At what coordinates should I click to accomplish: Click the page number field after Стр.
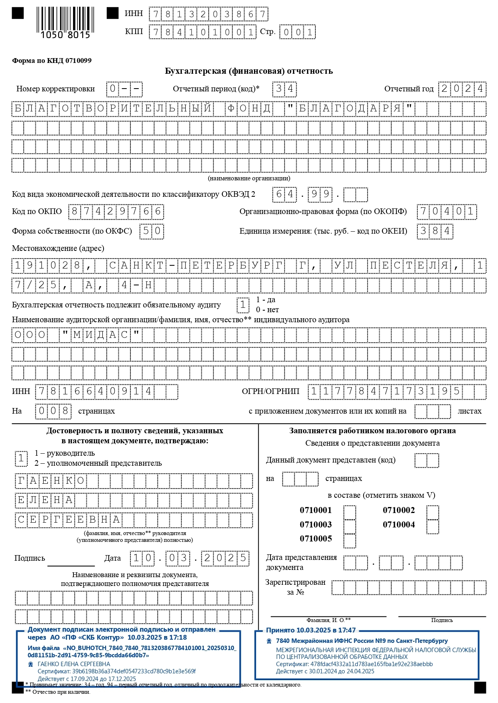(298, 32)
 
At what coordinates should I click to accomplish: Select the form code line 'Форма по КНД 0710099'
(52, 61)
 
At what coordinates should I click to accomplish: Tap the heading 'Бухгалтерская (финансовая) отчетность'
(249, 71)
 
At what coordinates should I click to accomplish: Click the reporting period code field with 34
(285, 89)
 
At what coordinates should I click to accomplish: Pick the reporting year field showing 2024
(462, 89)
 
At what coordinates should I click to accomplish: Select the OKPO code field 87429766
(116, 212)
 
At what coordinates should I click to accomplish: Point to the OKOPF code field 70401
(447, 212)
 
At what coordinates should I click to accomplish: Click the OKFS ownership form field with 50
(152, 231)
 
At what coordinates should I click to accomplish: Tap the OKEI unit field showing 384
(435, 231)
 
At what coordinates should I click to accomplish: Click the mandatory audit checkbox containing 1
(243, 305)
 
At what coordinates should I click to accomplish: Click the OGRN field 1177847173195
(385, 392)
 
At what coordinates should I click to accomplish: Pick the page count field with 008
(53, 411)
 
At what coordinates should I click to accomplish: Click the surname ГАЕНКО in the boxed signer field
(51, 481)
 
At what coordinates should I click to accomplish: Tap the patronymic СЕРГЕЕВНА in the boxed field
(69, 520)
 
